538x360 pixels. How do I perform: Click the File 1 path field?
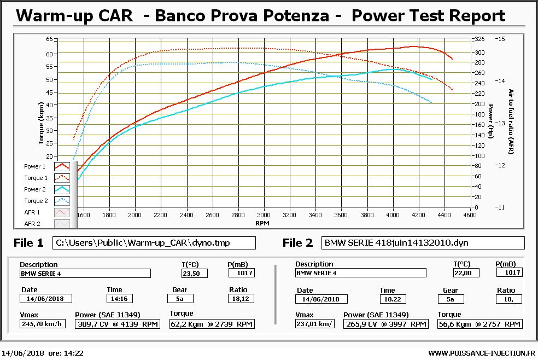click(x=154, y=242)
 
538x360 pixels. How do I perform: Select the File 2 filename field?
click(x=423, y=242)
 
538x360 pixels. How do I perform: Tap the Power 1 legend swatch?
click(x=61, y=166)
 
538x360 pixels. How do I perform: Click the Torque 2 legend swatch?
click(x=61, y=201)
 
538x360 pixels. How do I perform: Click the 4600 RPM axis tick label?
click(x=470, y=215)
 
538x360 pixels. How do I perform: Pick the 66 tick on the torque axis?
click(x=49, y=39)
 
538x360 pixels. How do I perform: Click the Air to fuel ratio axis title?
click(x=511, y=123)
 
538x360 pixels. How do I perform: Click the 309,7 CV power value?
click(x=119, y=324)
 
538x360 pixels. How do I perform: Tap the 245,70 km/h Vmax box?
click(x=42, y=324)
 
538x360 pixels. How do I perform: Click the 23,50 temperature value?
click(x=194, y=273)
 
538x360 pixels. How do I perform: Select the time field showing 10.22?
click(x=394, y=299)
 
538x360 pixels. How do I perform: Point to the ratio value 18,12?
click(x=241, y=299)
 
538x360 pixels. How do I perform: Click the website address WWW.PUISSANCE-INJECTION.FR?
click(x=481, y=353)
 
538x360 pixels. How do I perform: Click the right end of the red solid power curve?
click(x=453, y=59)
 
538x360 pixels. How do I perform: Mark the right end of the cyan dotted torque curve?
click(x=431, y=102)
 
